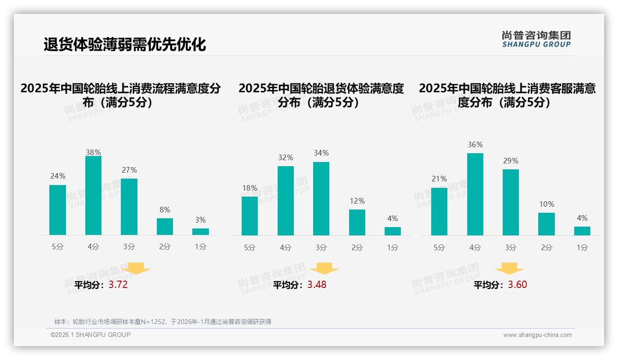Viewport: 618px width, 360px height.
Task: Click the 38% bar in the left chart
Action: coord(93,196)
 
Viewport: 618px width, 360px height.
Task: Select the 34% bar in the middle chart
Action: coord(321,198)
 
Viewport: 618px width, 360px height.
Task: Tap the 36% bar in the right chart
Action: coord(475,194)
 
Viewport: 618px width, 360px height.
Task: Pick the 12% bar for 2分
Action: coord(357,222)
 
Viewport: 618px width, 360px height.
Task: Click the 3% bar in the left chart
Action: coord(201,232)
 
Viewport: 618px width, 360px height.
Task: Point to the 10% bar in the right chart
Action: coord(547,224)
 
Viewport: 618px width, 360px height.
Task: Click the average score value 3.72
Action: coord(118,285)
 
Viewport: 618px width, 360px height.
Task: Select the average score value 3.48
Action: coord(317,285)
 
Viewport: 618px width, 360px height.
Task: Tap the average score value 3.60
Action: coord(517,285)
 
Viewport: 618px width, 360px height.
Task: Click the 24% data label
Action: coord(58,176)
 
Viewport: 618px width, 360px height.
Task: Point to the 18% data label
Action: coord(250,188)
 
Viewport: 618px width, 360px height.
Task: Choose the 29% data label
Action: coord(511,161)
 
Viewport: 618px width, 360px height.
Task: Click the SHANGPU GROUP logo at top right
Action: coord(536,39)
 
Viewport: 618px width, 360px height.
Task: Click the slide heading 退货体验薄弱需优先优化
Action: coord(125,44)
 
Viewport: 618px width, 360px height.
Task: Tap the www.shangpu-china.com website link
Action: coord(537,335)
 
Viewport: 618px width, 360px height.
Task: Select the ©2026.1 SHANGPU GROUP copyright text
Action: coord(90,335)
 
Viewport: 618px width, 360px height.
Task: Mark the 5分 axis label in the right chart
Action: coord(439,247)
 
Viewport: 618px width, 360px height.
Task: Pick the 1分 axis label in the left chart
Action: coord(201,246)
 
